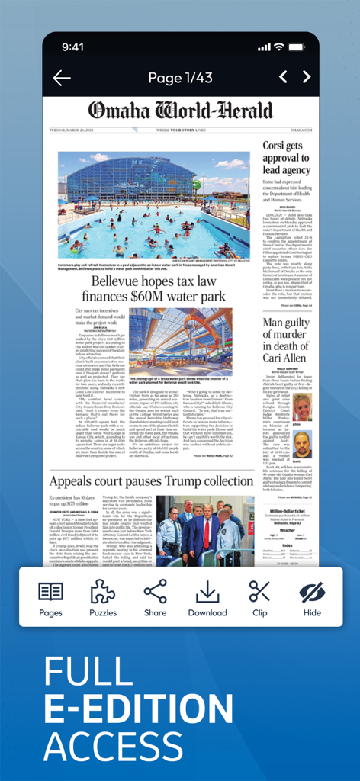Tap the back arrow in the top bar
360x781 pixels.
click(62, 78)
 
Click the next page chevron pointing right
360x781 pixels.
click(307, 77)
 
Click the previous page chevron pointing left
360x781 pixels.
click(283, 77)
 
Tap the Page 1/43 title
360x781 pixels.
click(181, 78)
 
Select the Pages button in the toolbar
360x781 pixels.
click(51, 598)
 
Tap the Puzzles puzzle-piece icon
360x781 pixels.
click(103, 598)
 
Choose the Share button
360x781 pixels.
click(155, 598)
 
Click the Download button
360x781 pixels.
click(207, 598)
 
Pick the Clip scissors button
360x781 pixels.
click(259, 598)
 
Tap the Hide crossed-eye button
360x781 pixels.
click(312, 598)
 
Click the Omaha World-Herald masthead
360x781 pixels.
click(180, 111)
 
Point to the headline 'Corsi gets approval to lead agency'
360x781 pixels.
click(286, 157)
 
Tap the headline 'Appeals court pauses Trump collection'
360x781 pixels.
click(151, 481)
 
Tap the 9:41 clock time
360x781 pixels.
click(73, 47)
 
